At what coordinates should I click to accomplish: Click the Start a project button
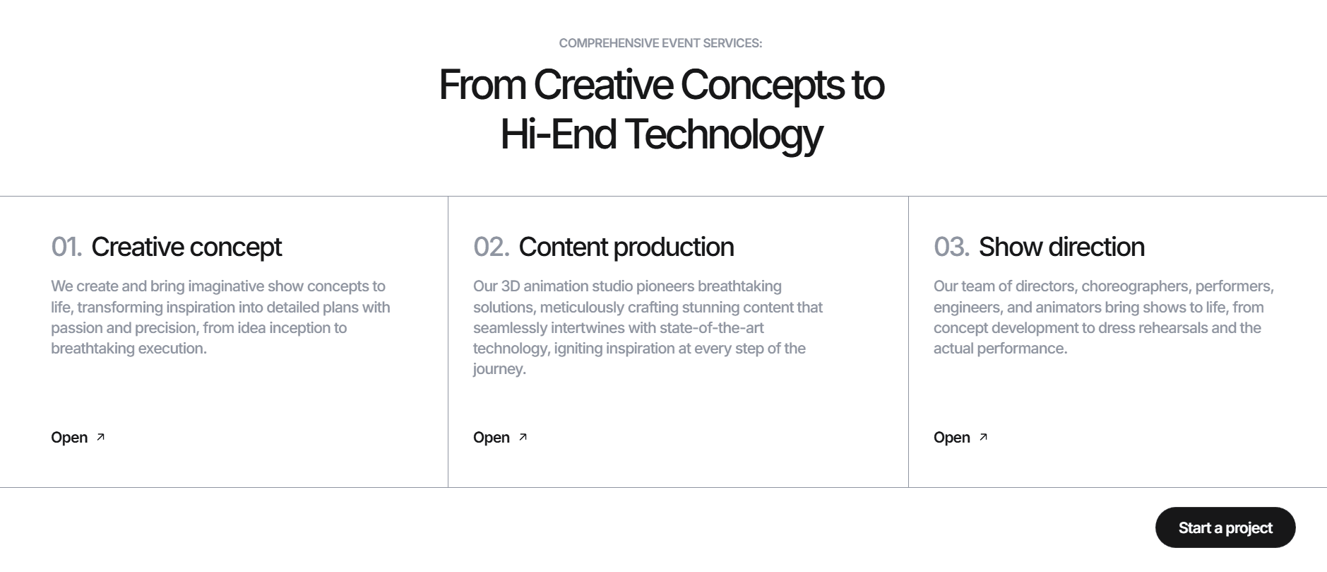pyautogui.click(x=1225, y=527)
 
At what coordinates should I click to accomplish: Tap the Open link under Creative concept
pyautogui.click(x=78, y=438)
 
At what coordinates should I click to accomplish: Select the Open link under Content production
pyautogui.click(x=500, y=438)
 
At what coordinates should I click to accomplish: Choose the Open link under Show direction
pyautogui.click(x=960, y=438)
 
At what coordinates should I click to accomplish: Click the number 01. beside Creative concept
pyautogui.click(x=66, y=247)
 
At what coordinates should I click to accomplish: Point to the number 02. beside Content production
pyautogui.click(x=492, y=247)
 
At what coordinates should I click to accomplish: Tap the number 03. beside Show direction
pyautogui.click(x=951, y=247)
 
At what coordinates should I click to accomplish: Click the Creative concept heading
pyautogui.click(x=186, y=247)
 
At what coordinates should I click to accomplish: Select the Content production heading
pyautogui.click(x=626, y=247)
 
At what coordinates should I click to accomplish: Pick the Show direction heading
pyautogui.click(x=1061, y=247)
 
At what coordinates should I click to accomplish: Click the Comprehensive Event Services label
pyautogui.click(x=660, y=43)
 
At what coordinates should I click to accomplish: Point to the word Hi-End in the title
pyautogui.click(x=558, y=134)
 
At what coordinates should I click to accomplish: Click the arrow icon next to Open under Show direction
pyautogui.click(x=983, y=437)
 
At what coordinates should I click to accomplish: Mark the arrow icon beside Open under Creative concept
pyautogui.click(x=100, y=437)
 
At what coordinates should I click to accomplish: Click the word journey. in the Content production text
pyautogui.click(x=499, y=369)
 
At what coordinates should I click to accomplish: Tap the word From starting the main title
pyautogui.click(x=482, y=86)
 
